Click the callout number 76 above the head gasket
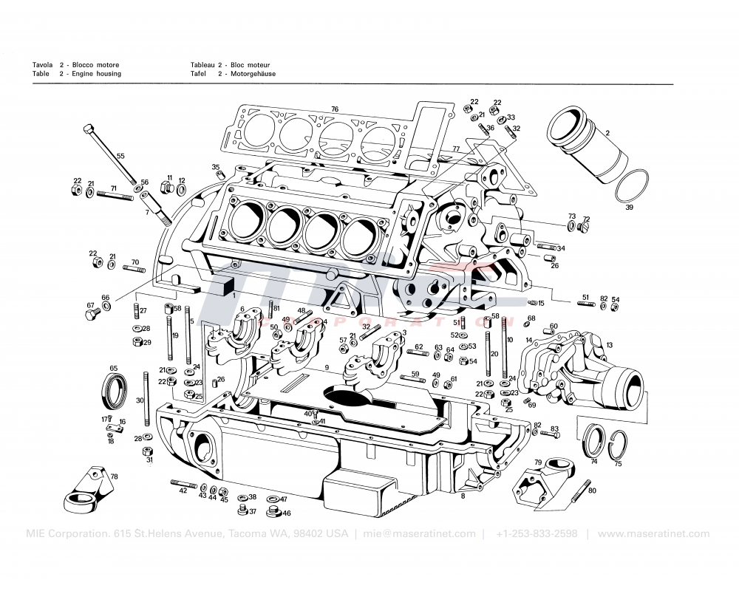coord(335,109)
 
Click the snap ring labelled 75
coord(619,446)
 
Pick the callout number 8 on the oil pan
coord(463,496)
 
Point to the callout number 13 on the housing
coord(610,345)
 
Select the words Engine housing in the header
coord(96,74)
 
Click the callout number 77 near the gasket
coord(456,148)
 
